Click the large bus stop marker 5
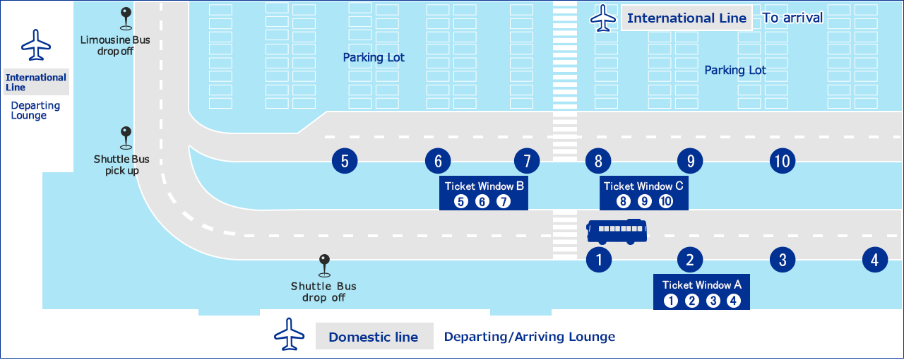(x=345, y=161)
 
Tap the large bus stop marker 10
(x=782, y=161)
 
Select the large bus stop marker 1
(x=599, y=260)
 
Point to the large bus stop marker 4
(x=875, y=260)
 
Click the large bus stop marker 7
(x=527, y=161)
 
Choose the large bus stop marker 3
(x=783, y=260)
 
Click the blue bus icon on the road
(x=617, y=232)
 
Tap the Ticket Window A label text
(x=701, y=285)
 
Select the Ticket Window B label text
(x=484, y=186)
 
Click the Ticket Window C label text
(x=643, y=186)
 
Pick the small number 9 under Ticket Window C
(x=644, y=202)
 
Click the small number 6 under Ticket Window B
(x=482, y=202)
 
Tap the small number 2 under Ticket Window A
(x=692, y=301)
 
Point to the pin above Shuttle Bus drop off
(x=324, y=263)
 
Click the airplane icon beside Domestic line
(x=290, y=334)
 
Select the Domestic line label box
(x=374, y=337)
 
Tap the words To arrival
(x=792, y=18)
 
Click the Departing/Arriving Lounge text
(x=529, y=337)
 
